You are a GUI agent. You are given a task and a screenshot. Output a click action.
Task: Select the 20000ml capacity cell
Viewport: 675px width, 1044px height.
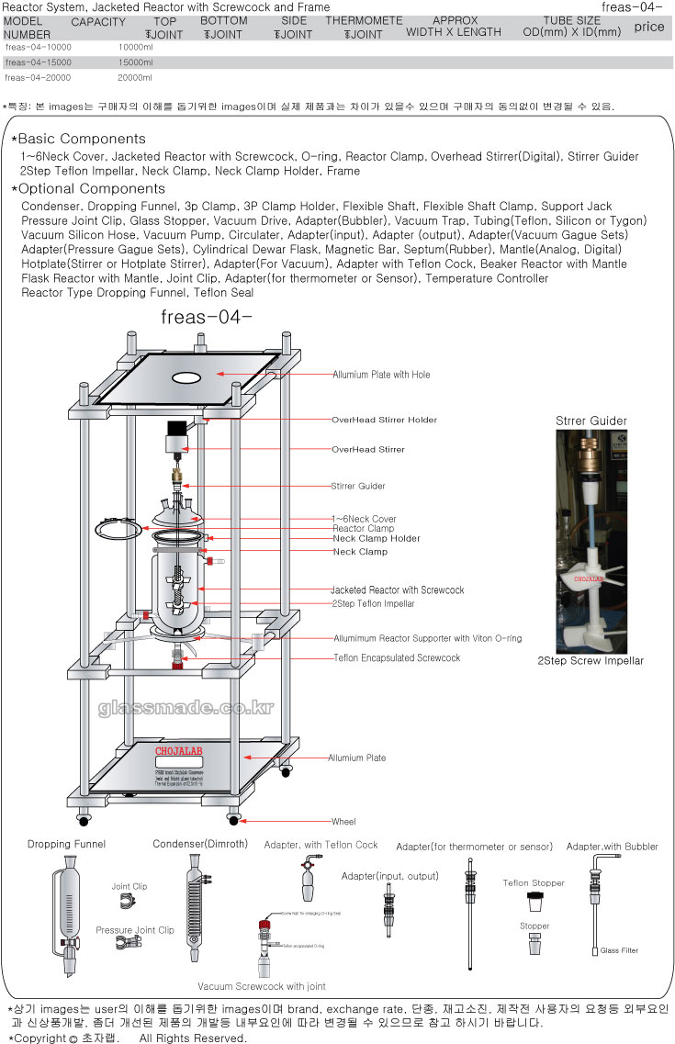tap(135, 77)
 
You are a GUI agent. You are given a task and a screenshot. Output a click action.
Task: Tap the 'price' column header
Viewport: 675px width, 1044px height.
tap(648, 27)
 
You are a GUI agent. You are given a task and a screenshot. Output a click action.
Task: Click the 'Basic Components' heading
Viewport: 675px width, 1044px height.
tap(81, 139)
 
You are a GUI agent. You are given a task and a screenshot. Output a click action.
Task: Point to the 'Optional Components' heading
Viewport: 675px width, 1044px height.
tap(88, 189)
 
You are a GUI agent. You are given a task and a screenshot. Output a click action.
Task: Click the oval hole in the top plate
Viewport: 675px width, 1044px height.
tap(186, 376)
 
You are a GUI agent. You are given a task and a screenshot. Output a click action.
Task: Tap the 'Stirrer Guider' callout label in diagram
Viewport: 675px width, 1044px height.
tap(358, 486)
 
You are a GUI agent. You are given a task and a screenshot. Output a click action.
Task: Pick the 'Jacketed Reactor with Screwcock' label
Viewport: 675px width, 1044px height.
tap(397, 590)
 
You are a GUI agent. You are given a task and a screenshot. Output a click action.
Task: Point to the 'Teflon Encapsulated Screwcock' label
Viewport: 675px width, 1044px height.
tap(397, 658)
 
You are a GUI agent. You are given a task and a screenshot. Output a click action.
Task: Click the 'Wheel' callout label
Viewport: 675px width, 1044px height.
tap(343, 822)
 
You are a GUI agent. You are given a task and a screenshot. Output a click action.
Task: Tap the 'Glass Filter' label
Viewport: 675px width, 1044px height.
tap(619, 950)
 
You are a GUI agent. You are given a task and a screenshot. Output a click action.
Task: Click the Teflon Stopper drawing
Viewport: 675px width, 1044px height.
tap(534, 902)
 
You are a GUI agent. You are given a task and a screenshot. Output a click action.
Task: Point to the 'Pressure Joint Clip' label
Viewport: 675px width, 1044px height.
tap(135, 930)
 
